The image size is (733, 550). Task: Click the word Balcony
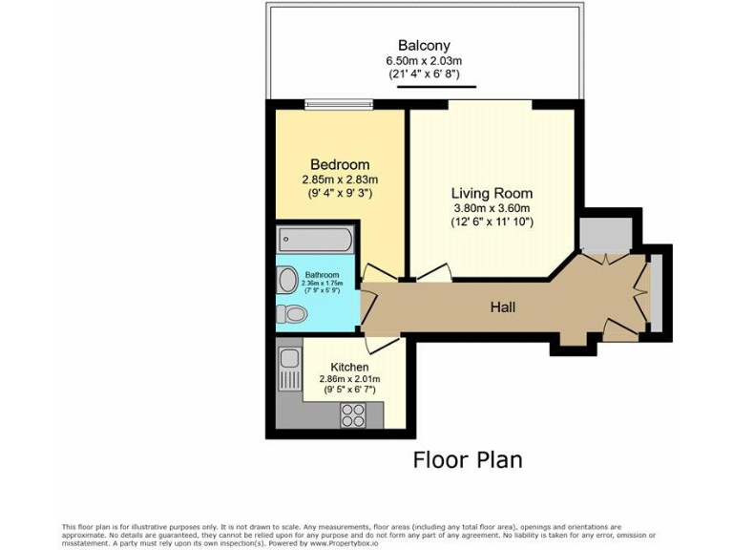424,45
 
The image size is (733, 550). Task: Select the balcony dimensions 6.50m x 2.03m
424,61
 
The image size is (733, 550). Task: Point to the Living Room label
491,192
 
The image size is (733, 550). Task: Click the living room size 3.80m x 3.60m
491,208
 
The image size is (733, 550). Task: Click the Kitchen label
349,367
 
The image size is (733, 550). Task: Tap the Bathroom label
320,275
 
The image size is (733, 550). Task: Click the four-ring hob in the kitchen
353,415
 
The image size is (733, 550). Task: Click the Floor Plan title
467,460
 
